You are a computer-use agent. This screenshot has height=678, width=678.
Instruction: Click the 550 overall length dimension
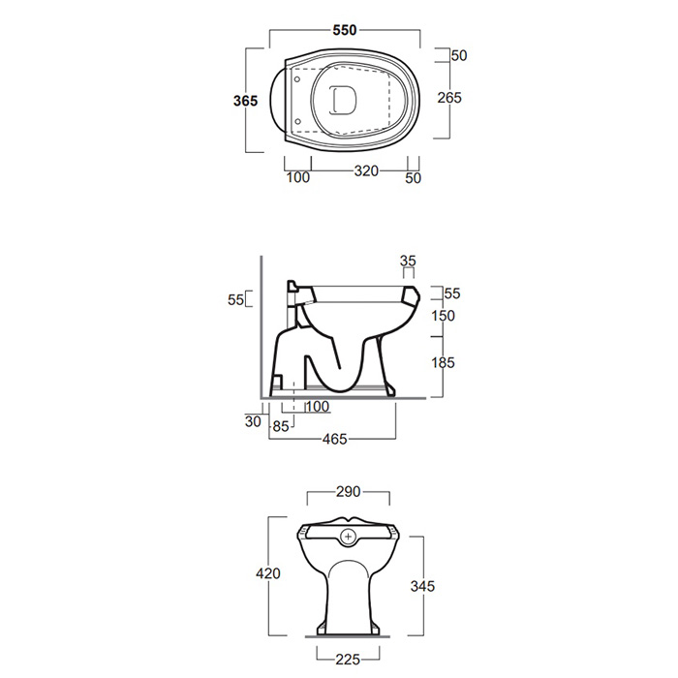345,30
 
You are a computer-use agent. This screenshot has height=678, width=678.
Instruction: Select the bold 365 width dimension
245,101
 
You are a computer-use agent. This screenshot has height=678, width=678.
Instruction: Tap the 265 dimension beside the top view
449,98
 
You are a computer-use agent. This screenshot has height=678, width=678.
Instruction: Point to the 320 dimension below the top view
366,171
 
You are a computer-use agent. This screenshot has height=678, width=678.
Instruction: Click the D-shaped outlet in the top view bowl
343,101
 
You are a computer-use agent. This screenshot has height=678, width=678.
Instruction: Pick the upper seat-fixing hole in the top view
297,79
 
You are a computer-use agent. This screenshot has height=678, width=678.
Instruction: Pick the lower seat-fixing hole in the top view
297,121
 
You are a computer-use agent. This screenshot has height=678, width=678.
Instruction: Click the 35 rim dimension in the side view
408,261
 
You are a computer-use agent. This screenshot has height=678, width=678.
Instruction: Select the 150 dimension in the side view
443,316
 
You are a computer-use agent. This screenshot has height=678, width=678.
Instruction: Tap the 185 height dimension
443,362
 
